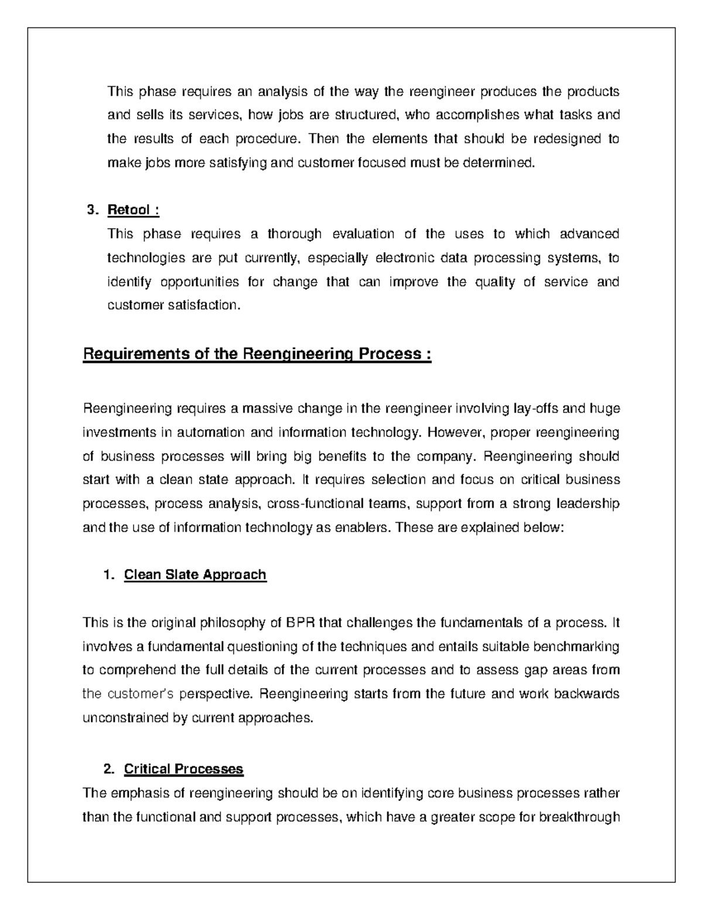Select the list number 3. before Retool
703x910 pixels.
click(x=91, y=210)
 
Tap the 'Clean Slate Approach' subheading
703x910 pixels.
click(x=195, y=575)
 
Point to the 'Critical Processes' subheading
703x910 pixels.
click(x=183, y=769)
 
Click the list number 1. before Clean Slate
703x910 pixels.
click(x=108, y=575)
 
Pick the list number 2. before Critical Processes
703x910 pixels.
click(x=108, y=769)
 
